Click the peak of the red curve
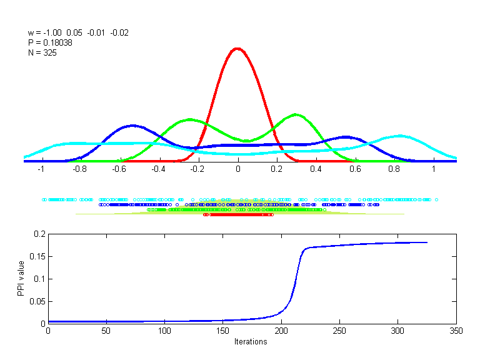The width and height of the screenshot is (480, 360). (x=237, y=48)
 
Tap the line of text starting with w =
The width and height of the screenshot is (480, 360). (x=78, y=32)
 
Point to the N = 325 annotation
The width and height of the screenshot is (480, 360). (x=42, y=52)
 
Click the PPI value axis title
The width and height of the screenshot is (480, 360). (x=21, y=279)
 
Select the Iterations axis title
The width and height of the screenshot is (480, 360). (x=250, y=342)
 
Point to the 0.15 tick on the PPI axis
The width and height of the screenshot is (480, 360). (x=39, y=256)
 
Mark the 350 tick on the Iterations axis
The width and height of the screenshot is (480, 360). (x=456, y=331)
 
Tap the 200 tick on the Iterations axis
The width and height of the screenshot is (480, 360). (x=281, y=331)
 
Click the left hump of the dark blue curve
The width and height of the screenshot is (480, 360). (x=132, y=126)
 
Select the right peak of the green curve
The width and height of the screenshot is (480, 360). (x=296, y=114)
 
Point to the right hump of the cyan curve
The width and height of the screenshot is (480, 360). (x=400, y=136)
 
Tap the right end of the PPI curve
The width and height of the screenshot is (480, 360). (x=427, y=242)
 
